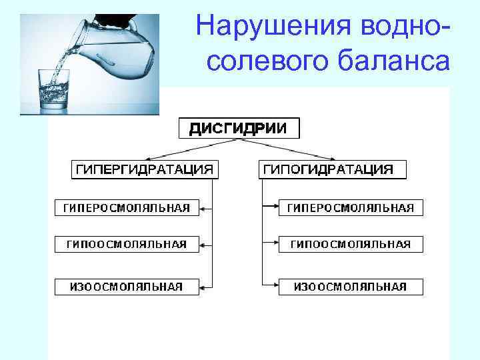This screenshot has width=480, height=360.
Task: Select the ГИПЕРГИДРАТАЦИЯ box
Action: coord(144,169)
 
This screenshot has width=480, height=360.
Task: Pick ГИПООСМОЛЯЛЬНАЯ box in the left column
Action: coord(127,245)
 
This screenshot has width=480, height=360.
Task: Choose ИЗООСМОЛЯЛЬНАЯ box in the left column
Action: coord(127,287)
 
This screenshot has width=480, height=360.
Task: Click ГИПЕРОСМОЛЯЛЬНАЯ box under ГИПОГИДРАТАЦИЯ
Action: coord(351,208)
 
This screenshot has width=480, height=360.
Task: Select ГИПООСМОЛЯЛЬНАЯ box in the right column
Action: coord(351,245)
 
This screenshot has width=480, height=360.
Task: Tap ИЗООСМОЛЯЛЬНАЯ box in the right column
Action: coord(351,287)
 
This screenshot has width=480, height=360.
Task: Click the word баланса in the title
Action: coord(389,61)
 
